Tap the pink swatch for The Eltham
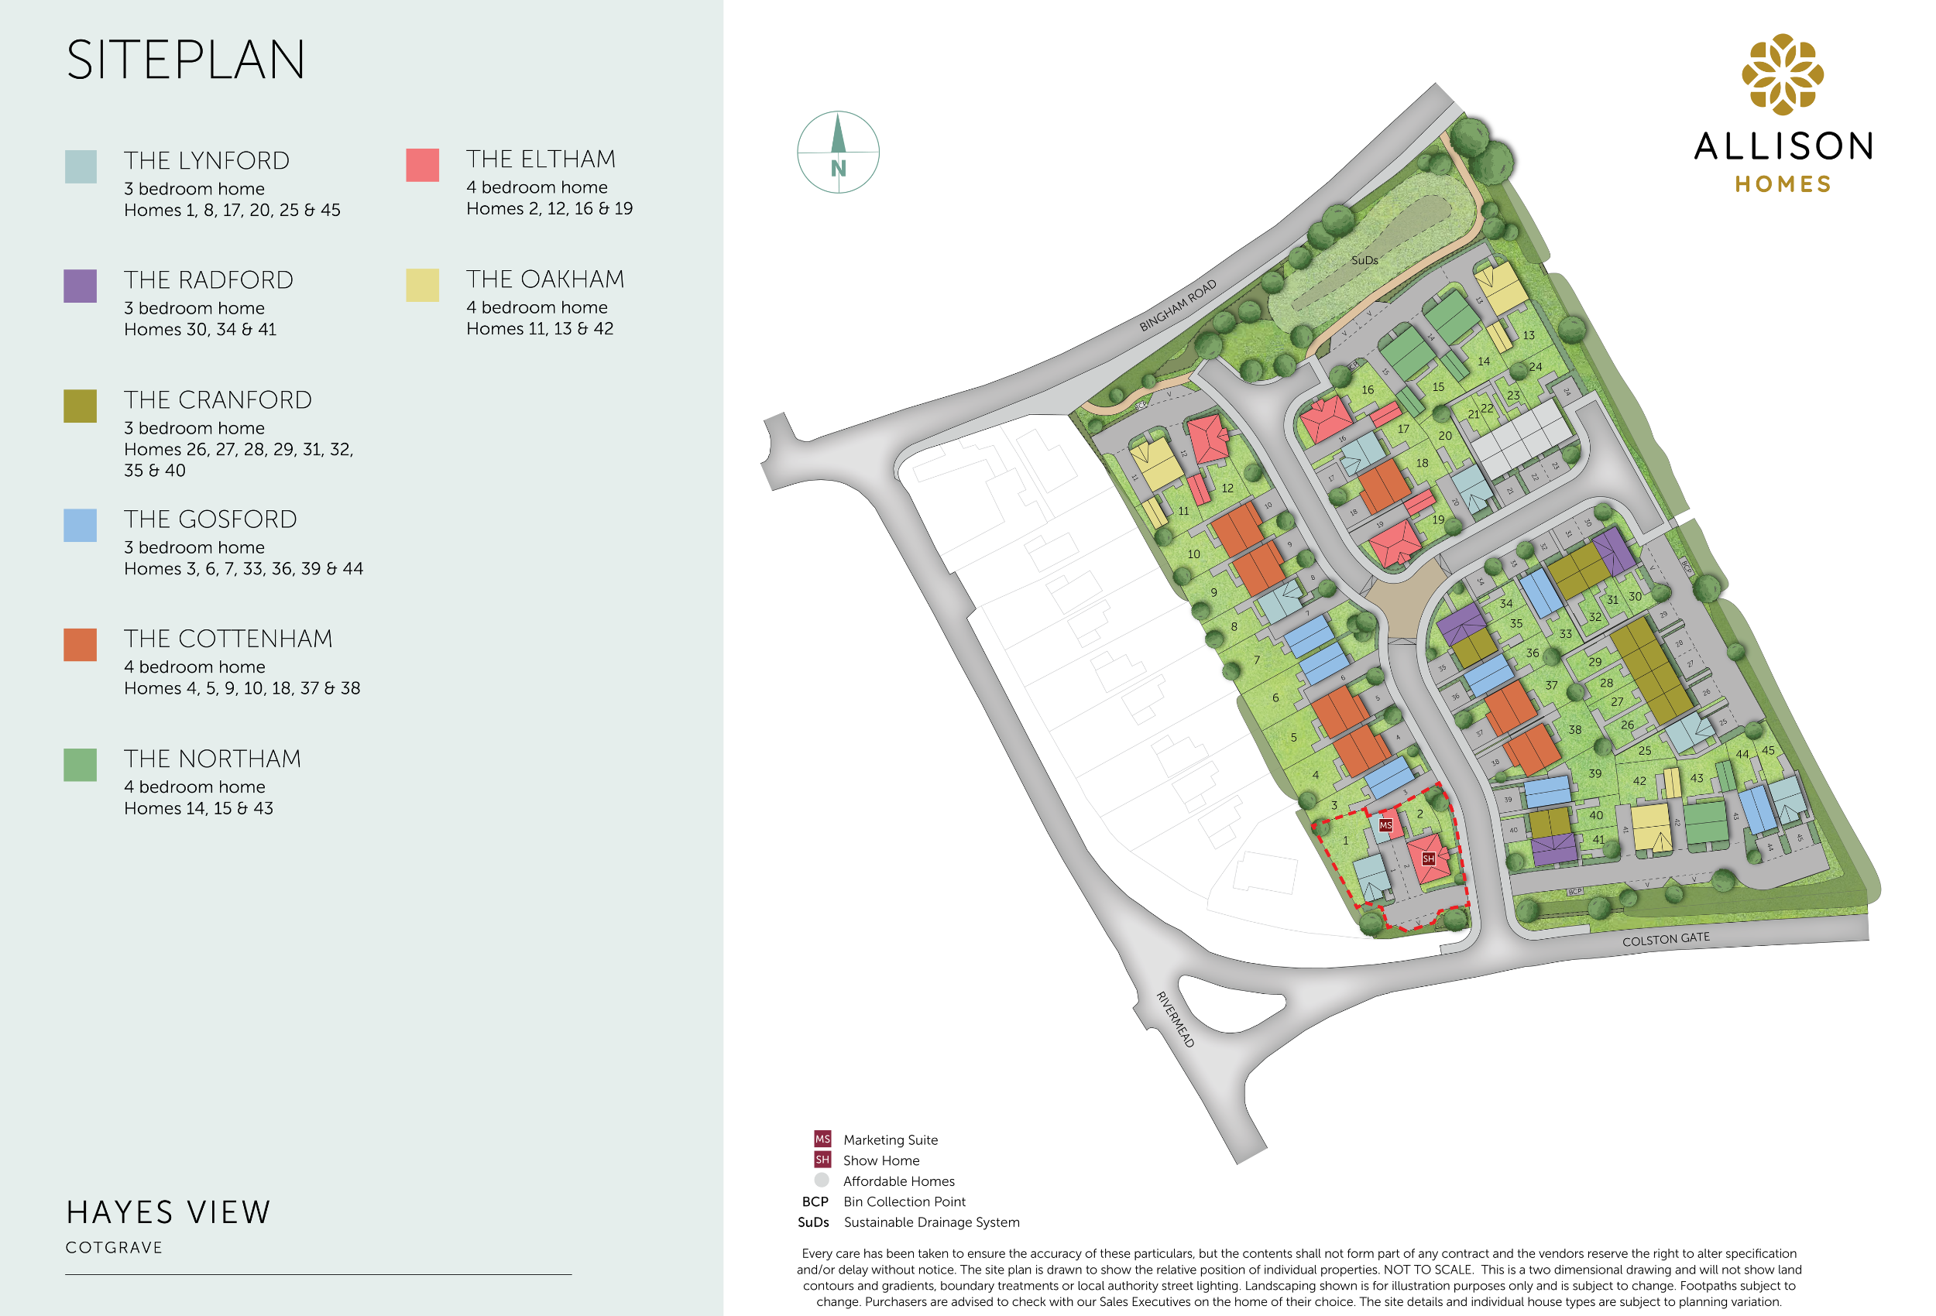(422, 165)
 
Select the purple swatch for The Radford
(80, 286)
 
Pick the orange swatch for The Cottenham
(80, 645)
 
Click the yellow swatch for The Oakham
(422, 285)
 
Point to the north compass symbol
(838, 153)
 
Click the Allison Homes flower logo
(1782, 74)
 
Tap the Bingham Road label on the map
(1177, 306)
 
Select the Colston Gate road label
(1665, 939)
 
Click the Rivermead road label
(1175, 1019)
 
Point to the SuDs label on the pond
(1364, 260)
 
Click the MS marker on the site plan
(1385, 825)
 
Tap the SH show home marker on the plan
(1428, 858)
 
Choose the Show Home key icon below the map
(822, 1160)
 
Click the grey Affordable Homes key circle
(822, 1180)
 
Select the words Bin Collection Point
(904, 1201)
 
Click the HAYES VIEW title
(168, 1212)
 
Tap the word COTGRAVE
(114, 1247)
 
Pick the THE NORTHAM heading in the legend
(212, 759)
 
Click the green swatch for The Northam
(80, 765)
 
